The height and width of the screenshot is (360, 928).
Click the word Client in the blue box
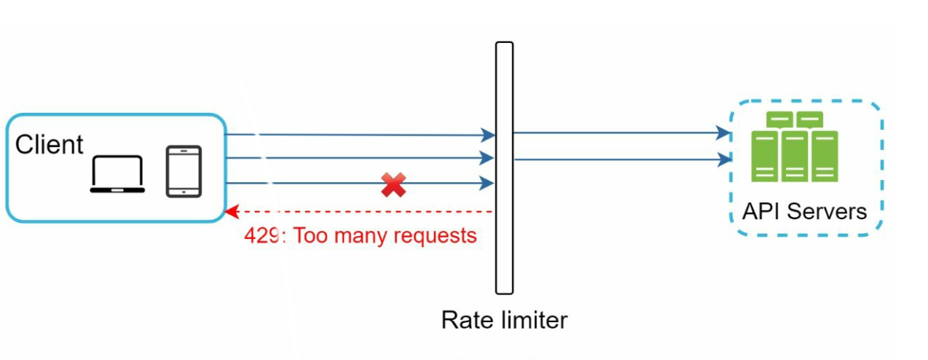point(50,145)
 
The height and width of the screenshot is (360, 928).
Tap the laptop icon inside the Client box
point(117,175)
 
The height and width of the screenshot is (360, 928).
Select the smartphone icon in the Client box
point(184,171)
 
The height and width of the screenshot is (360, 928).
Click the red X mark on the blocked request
point(393,185)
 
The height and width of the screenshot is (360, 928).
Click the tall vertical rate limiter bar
point(504,168)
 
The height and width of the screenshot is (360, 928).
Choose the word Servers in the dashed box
point(827,211)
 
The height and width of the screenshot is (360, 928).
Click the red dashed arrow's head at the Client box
point(232,212)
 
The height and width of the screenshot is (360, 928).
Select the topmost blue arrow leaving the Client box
point(357,135)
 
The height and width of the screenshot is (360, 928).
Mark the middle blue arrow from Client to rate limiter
point(357,157)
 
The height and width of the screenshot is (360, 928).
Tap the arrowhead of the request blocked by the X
point(488,184)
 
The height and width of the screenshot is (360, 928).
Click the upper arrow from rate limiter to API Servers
point(619,133)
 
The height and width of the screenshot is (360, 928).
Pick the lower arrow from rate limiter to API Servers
point(619,158)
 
